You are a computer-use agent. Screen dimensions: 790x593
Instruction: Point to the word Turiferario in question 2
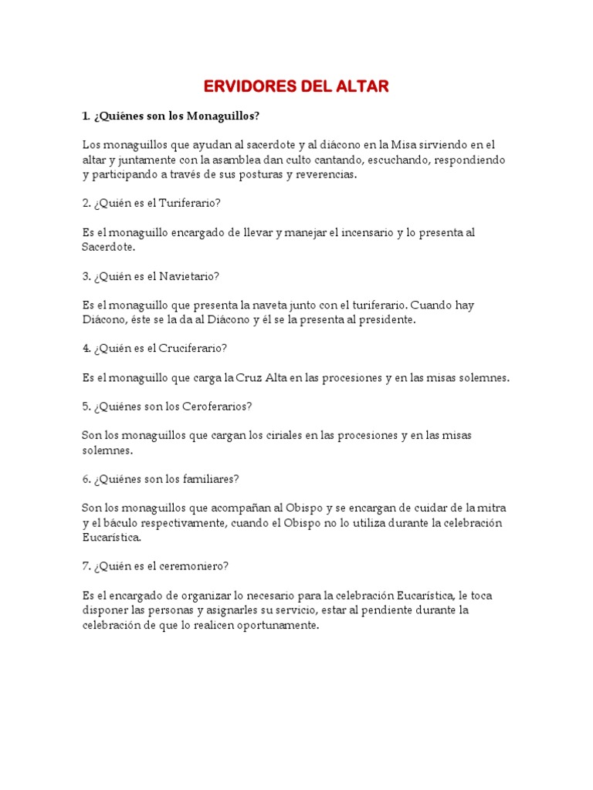coord(194,203)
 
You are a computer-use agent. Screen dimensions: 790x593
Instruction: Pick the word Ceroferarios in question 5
coord(216,406)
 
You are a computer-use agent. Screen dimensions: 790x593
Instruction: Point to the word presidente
coord(386,319)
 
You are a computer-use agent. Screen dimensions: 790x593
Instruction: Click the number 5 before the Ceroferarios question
coord(86,406)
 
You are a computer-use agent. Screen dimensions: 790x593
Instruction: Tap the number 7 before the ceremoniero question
coord(86,565)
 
